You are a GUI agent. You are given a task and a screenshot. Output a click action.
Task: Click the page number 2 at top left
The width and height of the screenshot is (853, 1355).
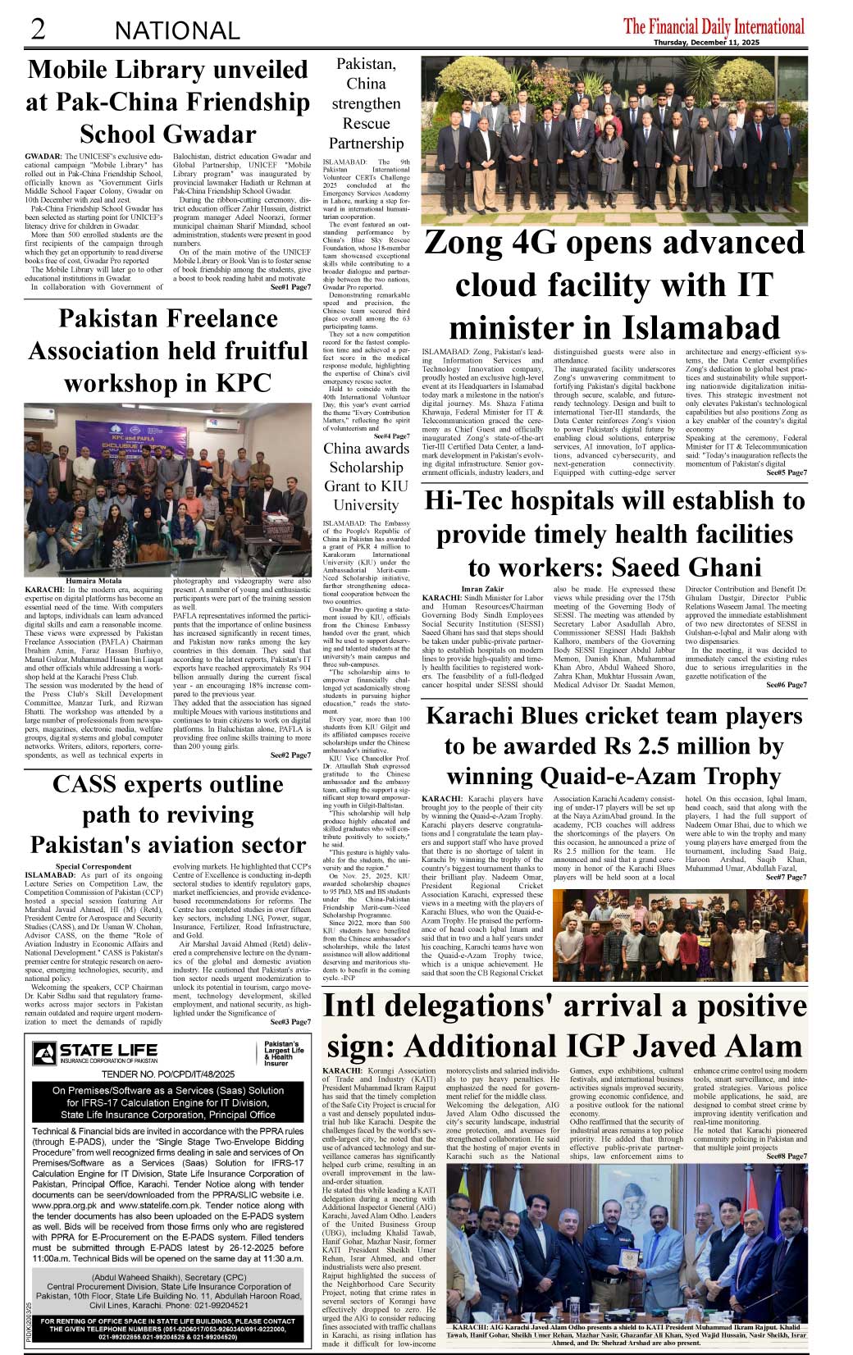tap(38, 30)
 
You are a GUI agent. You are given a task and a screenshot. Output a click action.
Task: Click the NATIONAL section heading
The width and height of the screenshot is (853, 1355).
tap(177, 31)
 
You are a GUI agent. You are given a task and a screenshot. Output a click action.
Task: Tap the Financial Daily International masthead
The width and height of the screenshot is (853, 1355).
tap(714, 26)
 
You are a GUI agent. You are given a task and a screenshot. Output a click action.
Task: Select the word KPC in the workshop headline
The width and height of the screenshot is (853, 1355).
tap(243, 383)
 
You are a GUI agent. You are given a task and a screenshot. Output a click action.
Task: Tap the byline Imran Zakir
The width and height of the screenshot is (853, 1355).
tap(482, 589)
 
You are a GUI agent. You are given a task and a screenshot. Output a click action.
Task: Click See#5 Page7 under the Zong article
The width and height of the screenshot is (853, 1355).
tap(786, 472)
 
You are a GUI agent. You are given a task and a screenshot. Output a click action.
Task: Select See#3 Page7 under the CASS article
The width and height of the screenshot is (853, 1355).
tap(290, 1022)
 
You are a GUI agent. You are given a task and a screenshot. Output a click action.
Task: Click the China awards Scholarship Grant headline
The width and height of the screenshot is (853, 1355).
tap(366, 477)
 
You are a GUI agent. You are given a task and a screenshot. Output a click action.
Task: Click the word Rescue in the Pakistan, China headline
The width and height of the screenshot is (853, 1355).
tap(366, 124)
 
